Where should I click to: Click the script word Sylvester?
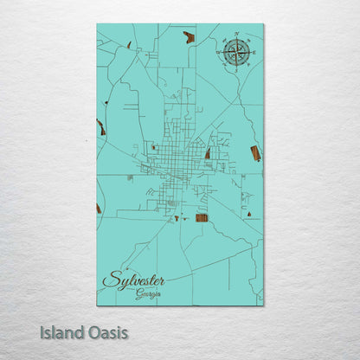point(133,280)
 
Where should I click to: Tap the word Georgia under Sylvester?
point(148,294)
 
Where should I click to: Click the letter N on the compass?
point(235,36)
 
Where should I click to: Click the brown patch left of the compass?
point(189,37)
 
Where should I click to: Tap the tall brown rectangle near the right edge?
point(255,153)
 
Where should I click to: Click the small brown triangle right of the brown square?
point(249,212)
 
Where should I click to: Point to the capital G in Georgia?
point(138,294)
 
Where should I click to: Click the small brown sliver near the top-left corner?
point(129,45)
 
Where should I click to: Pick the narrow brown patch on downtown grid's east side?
point(208,153)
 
